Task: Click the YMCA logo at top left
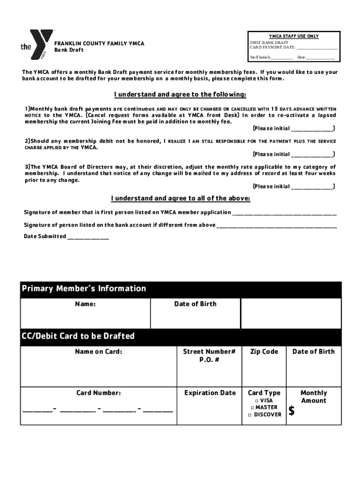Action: pyautogui.click(x=37, y=45)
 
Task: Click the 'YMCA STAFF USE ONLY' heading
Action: pyautogui.click(x=294, y=36)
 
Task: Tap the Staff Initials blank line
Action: pyautogui.click(x=282, y=58)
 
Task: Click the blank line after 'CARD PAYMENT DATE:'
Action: pyautogui.click(x=317, y=48)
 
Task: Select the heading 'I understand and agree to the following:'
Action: pyautogui.click(x=180, y=94)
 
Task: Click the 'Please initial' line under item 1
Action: pyautogui.click(x=312, y=129)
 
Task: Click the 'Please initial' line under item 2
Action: pyautogui.click(x=312, y=155)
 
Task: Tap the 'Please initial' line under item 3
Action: pyautogui.click(x=312, y=187)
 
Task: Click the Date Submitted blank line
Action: pyautogui.click(x=88, y=237)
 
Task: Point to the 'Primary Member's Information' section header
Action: pyautogui.click(x=84, y=289)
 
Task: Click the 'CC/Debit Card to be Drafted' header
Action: pyautogui.click(x=78, y=336)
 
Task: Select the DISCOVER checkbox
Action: pyautogui.click(x=250, y=415)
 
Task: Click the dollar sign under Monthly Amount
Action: pyautogui.click(x=292, y=411)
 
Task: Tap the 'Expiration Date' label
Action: pyautogui.click(x=210, y=393)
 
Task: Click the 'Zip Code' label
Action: pyautogui.click(x=264, y=352)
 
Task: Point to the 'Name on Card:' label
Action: pyautogui.click(x=99, y=352)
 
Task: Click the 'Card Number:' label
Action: pyautogui.click(x=99, y=393)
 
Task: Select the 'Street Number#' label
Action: pyautogui.click(x=209, y=352)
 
